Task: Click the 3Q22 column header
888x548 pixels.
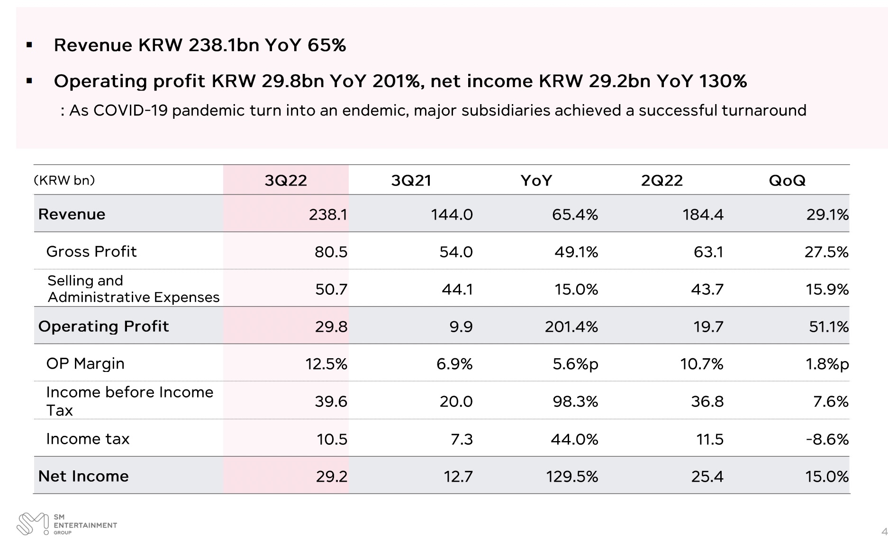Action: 286,180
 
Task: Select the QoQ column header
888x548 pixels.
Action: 787,180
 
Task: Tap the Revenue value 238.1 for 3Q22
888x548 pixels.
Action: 328,215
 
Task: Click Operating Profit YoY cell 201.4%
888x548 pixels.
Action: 571,327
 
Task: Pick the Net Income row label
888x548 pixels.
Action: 83,476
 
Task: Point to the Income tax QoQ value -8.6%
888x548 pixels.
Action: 827,439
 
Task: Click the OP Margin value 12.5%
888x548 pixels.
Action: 326,364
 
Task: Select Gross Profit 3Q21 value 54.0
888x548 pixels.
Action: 456,252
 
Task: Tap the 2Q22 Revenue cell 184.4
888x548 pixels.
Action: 703,215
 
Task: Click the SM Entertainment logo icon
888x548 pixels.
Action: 32,524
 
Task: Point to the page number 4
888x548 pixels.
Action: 884,532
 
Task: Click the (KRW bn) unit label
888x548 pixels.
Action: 64,180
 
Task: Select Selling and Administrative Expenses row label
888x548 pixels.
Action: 133,289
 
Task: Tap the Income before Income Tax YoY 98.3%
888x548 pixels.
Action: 575,402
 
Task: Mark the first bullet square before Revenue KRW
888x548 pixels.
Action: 29,45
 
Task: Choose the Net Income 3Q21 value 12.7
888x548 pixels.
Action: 458,476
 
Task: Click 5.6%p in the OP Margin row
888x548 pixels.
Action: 575,364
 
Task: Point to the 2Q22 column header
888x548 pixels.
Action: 661,180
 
